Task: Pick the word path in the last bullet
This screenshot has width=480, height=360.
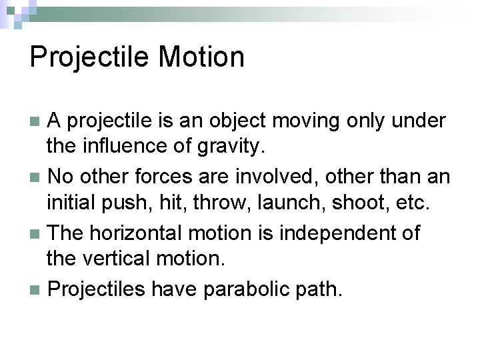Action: [321, 289]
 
